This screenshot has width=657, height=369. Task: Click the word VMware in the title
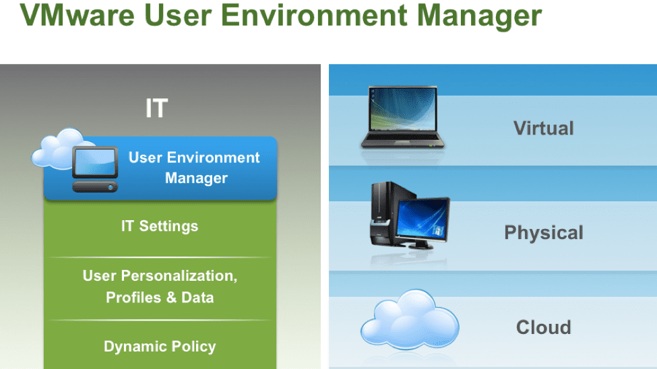(77, 15)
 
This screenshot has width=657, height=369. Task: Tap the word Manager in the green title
(479, 16)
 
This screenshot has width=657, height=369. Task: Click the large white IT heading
(157, 108)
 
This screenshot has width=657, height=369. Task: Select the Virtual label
(543, 128)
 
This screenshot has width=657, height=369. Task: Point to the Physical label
(543, 232)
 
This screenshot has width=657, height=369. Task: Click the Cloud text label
(543, 327)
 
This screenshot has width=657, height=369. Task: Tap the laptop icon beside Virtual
(403, 117)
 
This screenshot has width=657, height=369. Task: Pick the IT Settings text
(160, 226)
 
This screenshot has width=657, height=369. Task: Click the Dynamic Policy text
(160, 346)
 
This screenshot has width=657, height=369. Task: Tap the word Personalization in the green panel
(179, 275)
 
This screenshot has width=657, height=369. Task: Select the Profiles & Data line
(160, 298)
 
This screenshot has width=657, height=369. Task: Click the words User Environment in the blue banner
(194, 158)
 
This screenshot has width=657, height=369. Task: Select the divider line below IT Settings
(160, 257)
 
